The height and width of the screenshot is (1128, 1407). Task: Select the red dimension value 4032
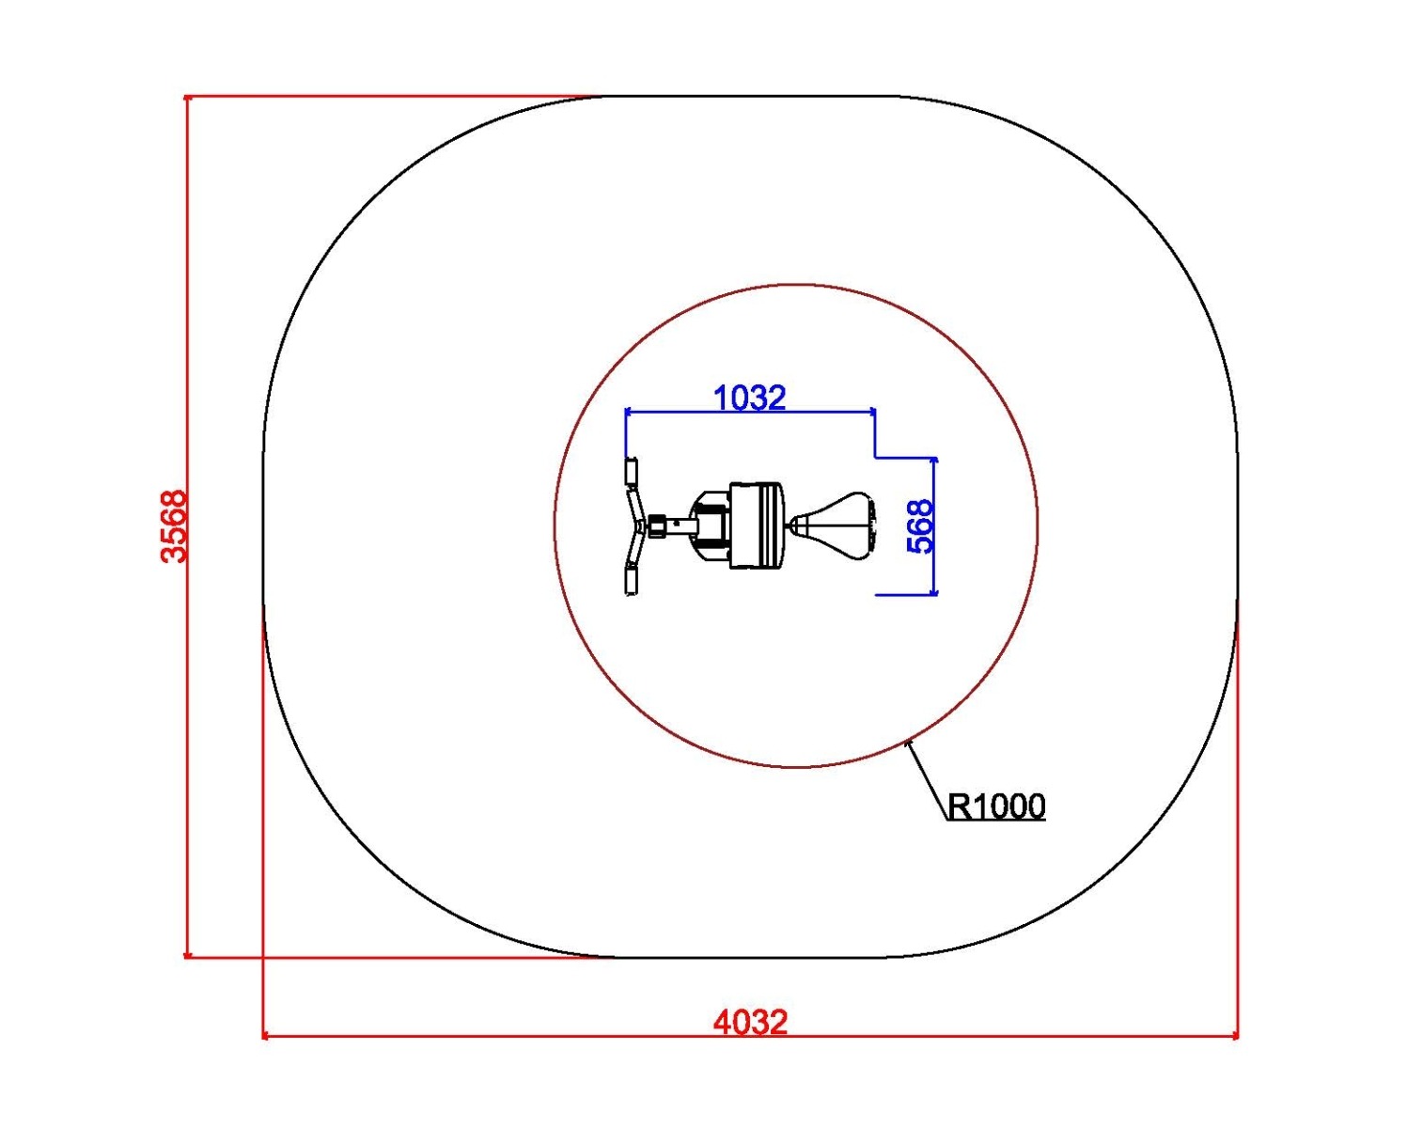pyautogui.click(x=750, y=1021)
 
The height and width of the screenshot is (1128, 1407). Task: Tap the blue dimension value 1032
pyautogui.click(x=750, y=398)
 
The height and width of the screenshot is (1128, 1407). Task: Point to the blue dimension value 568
pyautogui.click(x=920, y=526)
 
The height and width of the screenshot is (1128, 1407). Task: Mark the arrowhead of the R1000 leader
pyautogui.click(x=908, y=743)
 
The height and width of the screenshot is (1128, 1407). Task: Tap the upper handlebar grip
pyautogui.click(x=631, y=472)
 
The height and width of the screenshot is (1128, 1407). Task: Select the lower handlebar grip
pyautogui.click(x=631, y=581)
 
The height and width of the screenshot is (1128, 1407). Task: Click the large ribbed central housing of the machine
pyautogui.click(x=755, y=525)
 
